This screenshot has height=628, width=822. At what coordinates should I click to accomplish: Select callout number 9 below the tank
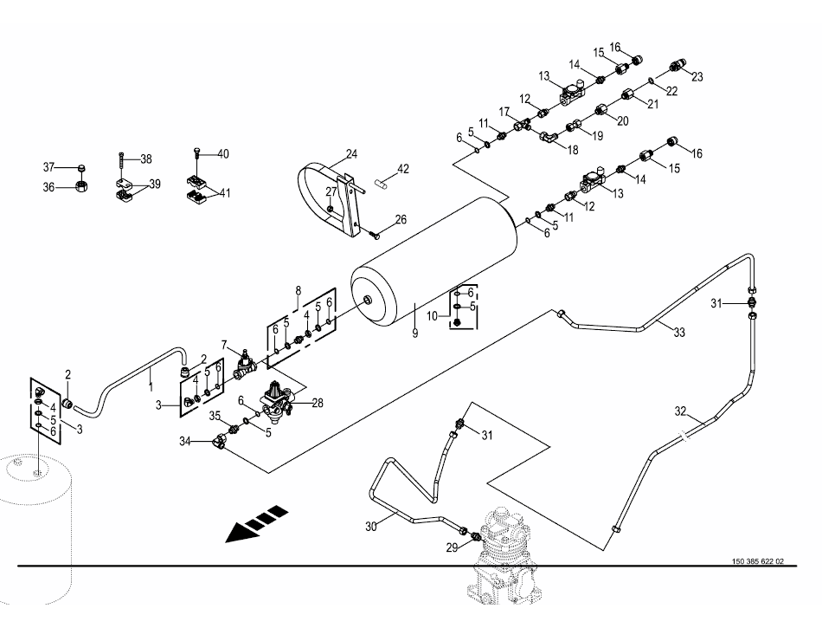[414, 333]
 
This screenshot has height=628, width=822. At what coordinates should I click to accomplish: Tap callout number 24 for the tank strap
[351, 155]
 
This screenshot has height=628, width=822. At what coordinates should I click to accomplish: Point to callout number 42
[402, 168]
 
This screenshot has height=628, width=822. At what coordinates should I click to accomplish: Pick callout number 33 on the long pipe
[678, 333]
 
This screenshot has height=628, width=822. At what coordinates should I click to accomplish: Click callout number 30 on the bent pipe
[371, 525]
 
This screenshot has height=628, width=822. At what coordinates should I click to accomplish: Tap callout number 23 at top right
[697, 76]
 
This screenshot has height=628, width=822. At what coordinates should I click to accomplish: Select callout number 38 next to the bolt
[145, 159]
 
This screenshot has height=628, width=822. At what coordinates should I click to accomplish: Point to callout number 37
[49, 166]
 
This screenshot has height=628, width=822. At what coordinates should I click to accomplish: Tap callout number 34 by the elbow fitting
[183, 442]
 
